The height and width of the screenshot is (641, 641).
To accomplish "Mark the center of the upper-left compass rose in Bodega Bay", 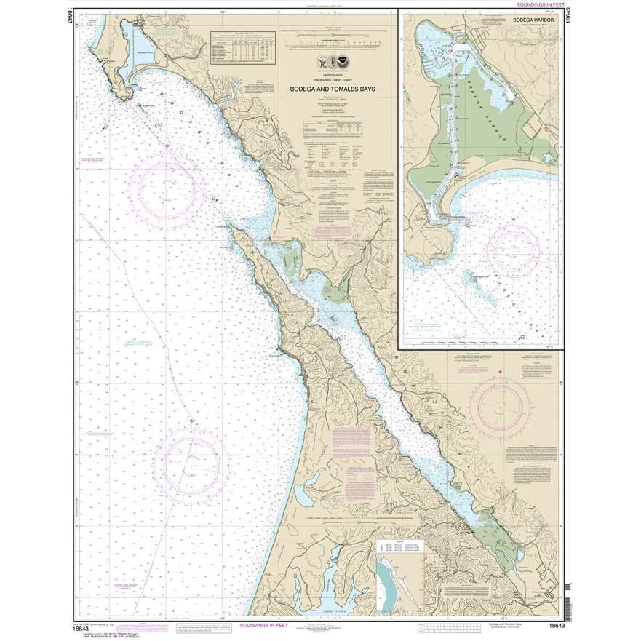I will point(167,186).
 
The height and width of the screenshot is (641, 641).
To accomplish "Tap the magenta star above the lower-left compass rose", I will point(192,421).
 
